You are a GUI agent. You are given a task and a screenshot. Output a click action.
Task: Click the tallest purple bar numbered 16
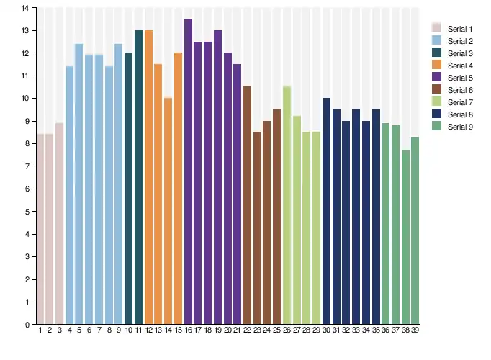pyautogui.click(x=188, y=171)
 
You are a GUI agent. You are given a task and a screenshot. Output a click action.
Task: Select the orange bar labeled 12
pyautogui.click(x=149, y=177)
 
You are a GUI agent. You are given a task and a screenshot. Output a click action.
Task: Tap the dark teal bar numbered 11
pyautogui.click(x=139, y=177)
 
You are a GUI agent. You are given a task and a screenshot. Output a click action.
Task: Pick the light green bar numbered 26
pyautogui.click(x=287, y=205)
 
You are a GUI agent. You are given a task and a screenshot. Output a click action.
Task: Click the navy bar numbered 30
pyautogui.click(x=326, y=211)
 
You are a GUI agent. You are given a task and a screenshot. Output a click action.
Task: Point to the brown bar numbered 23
pyautogui.click(x=258, y=228)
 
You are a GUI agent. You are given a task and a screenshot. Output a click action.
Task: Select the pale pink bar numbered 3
pyautogui.click(x=60, y=223)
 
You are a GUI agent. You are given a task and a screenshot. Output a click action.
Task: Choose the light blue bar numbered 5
pyautogui.click(x=79, y=184)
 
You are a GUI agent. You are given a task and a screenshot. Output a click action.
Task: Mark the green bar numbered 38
pyautogui.click(x=405, y=237)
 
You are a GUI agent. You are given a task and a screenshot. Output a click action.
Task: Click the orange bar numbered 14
pyautogui.click(x=168, y=211)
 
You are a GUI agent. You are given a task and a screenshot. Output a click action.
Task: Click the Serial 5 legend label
pyautogui.click(x=460, y=78)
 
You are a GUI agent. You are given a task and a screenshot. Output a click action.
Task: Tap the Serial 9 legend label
pyautogui.click(x=460, y=127)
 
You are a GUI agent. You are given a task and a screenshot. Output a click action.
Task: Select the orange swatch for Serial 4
pyautogui.click(x=436, y=65)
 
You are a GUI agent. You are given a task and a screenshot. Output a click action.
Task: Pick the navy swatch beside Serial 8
pyautogui.click(x=436, y=114)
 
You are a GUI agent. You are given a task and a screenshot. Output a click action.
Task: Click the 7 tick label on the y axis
pyautogui.click(x=27, y=166)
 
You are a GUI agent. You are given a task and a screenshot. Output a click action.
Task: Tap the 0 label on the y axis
pyautogui.click(x=27, y=325)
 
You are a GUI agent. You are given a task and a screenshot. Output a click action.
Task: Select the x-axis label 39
pyautogui.click(x=415, y=330)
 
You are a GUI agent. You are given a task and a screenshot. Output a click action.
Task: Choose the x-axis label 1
pyautogui.click(x=40, y=330)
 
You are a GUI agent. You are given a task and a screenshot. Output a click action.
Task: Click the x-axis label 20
pyautogui.click(x=228, y=330)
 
